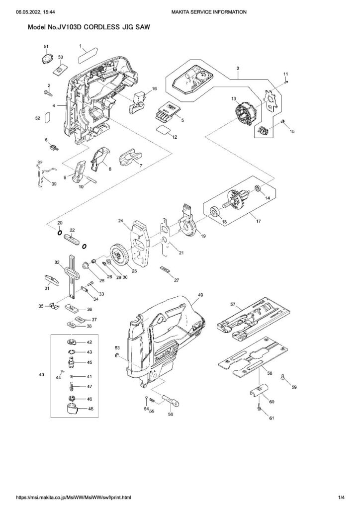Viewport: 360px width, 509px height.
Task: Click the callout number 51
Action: [x=46, y=47]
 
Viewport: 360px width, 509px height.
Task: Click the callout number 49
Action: [x=200, y=295]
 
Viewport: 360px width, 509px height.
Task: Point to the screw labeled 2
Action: [x=47, y=93]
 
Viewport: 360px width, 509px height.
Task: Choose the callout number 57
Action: [x=233, y=304]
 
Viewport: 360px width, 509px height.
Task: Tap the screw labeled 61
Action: [x=259, y=406]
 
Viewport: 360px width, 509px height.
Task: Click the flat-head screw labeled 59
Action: [x=282, y=377]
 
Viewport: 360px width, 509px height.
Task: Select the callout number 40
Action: [x=42, y=375]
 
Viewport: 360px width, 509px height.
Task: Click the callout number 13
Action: [x=233, y=98]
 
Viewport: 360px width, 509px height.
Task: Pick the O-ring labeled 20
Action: [x=60, y=233]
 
